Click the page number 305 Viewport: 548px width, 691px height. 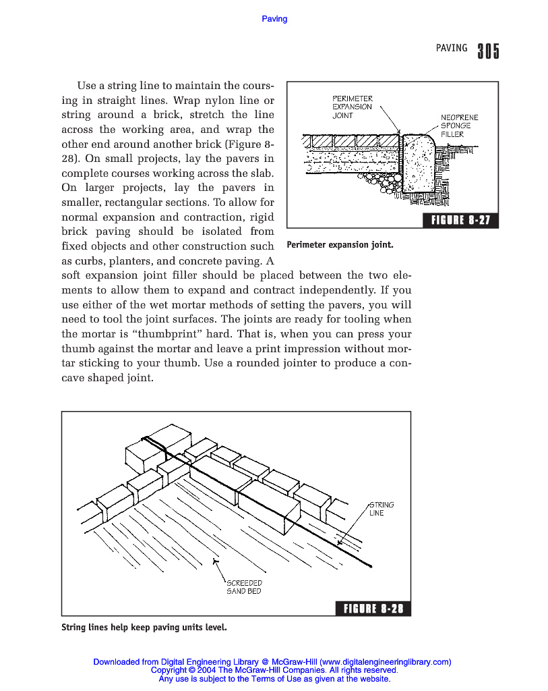point(488,51)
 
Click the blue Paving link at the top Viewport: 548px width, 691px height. point(274,19)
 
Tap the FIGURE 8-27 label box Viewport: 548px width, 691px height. point(460,220)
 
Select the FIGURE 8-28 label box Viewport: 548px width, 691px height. point(373,609)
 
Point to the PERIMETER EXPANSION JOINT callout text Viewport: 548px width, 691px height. point(352,107)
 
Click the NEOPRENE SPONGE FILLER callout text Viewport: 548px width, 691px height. point(460,126)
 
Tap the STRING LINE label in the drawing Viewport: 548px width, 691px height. point(381,509)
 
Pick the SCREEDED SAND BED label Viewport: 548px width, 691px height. point(244,586)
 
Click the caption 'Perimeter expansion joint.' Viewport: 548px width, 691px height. point(340,244)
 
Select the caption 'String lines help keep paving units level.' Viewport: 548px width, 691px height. point(144,628)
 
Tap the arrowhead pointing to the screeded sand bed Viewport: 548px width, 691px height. point(214,559)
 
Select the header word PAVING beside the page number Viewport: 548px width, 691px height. point(452,48)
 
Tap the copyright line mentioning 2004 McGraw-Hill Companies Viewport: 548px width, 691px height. point(274,670)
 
